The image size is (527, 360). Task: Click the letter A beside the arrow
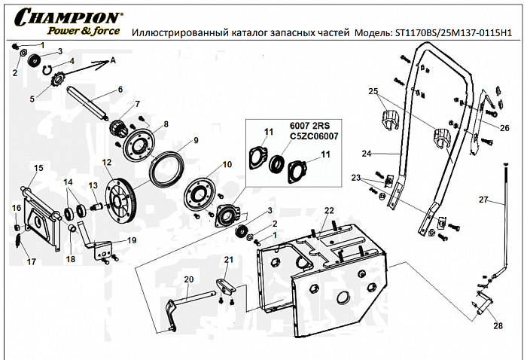tap(114, 59)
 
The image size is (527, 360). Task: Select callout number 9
tap(195, 140)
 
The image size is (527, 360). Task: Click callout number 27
tap(483, 200)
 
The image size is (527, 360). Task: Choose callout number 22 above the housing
tap(328, 210)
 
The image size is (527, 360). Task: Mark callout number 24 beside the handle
tap(367, 154)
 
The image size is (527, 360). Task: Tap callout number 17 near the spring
tap(31, 262)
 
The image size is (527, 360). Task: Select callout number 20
tap(189, 279)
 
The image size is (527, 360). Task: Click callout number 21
tap(227, 261)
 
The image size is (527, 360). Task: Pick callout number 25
tap(372, 91)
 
